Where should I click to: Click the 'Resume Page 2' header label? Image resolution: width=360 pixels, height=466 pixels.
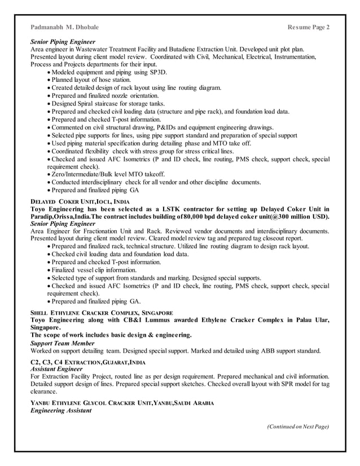(x=309, y=27)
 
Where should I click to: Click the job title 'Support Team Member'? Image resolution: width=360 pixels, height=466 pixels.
(x=62, y=343)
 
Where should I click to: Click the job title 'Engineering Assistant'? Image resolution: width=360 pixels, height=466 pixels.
(x=60, y=410)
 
